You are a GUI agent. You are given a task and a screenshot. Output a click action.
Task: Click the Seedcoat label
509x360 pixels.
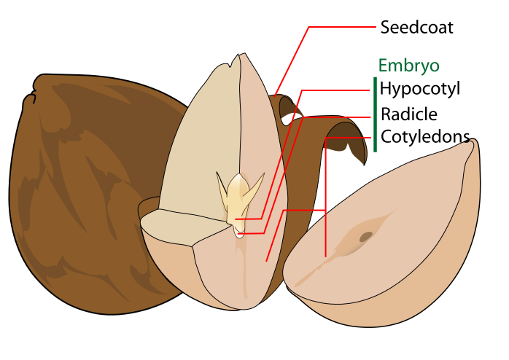tap(416, 28)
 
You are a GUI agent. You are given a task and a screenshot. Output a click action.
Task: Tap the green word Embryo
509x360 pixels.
tap(408, 66)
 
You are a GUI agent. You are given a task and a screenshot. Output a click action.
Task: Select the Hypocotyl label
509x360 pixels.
tap(421, 90)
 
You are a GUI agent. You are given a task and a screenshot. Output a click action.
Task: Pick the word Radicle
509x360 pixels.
tap(408, 114)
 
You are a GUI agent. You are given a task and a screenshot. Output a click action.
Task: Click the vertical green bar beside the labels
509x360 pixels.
tap(375, 114)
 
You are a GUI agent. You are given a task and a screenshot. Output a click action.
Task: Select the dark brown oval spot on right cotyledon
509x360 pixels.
tap(365, 236)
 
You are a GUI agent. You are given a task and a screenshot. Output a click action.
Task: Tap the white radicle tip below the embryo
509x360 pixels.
tap(240, 233)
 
